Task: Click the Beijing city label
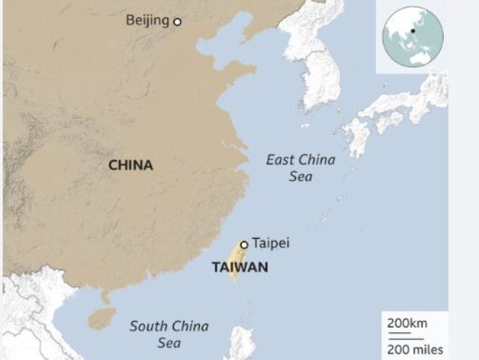pos(147,20)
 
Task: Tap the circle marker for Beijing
pos(176,22)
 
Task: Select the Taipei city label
pos(270,243)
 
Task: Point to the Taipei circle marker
pos(244,245)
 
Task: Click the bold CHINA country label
pos(131,165)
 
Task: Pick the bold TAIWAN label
pos(239,267)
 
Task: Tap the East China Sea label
pos(300,168)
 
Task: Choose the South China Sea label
pos(169,334)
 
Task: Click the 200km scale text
pos(407,323)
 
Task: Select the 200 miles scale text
pos(415,349)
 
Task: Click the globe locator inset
pos(412,36)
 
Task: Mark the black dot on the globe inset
pos(413,30)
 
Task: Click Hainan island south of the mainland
pos(101,318)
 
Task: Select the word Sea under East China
pos(300,176)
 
